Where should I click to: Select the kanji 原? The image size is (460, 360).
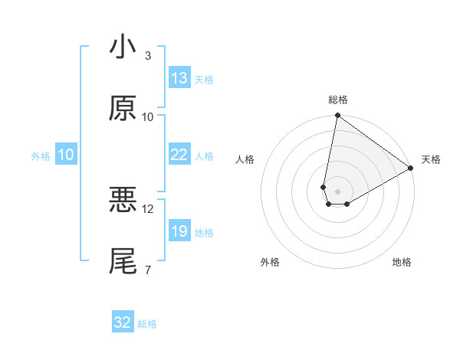(x=123, y=109)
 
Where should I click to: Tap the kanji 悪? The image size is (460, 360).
(x=123, y=201)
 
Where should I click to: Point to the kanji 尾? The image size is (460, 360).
(x=123, y=261)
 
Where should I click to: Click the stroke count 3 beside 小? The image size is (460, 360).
(x=148, y=56)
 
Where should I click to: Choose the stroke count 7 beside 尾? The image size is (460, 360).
(x=148, y=270)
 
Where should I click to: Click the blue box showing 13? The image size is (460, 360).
(x=179, y=78)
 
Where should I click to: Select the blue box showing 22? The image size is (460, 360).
(x=179, y=155)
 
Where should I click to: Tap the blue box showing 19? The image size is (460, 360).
(x=179, y=231)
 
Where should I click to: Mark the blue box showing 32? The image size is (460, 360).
(x=123, y=322)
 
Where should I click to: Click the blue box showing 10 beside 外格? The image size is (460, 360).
(x=66, y=155)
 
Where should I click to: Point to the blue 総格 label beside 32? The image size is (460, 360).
(x=147, y=324)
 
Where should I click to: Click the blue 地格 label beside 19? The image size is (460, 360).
(x=204, y=232)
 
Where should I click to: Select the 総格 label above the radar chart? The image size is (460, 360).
(x=338, y=100)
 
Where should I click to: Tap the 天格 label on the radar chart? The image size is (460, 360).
(x=431, y=159)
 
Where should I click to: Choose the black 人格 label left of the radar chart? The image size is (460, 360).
(x=245, y=159)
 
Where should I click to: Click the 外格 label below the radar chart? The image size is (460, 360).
(x=270, y=263)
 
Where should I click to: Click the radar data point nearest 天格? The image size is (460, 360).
(x=411, y=169)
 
